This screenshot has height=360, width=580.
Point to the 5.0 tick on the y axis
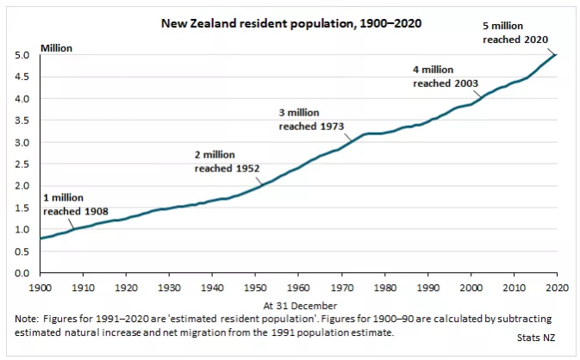[x=24, y=55]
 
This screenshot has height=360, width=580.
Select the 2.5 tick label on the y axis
[x=24, y=164]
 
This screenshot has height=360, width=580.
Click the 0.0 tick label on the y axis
[x=24, y=273]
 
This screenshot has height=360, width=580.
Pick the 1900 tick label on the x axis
[x=41, y=286]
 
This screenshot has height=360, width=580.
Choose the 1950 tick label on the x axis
[x=255, y=286]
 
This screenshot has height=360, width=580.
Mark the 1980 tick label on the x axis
[x=384, y=286]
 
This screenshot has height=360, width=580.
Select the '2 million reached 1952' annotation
[x=227, y=161]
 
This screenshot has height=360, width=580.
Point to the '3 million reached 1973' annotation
[x=311, y=119]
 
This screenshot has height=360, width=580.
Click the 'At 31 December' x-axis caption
[x=298, y=305]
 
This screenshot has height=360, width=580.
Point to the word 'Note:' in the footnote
[x=29, y=319]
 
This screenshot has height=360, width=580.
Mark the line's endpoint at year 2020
[x=556, y=55]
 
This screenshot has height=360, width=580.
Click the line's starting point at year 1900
[x=41, y=238]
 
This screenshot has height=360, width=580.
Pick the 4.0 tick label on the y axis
[x=24, y=98]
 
